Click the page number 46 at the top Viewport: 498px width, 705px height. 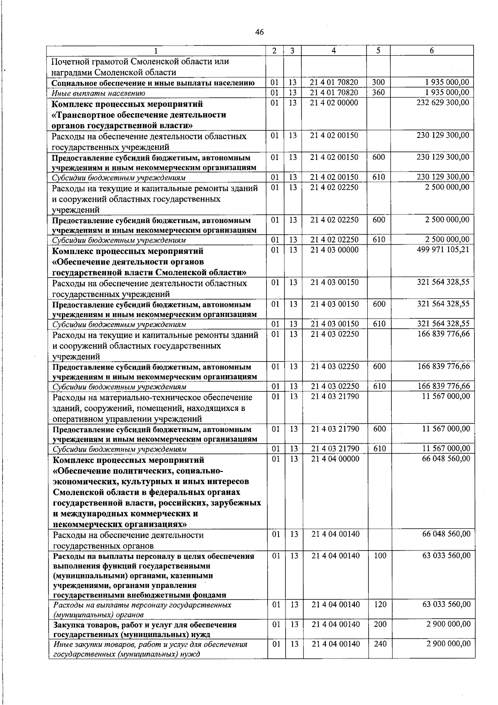click(260, 32)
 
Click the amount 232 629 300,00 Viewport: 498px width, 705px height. click(443, 103)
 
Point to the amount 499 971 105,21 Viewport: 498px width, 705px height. click(443, 250)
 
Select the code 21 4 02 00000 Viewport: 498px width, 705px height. click(334, 103)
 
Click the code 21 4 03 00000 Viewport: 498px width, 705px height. click(334, 250)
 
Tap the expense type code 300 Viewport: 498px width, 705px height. click(378, 83)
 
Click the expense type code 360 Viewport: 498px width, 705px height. click(378, 93)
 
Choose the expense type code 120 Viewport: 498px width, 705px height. click(380, 604)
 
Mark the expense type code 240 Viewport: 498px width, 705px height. click(380, 644)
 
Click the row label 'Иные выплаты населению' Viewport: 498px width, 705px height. click(98, 93)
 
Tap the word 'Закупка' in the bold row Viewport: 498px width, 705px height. click(69, 625)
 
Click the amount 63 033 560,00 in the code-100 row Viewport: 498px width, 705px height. click(447, 556)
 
